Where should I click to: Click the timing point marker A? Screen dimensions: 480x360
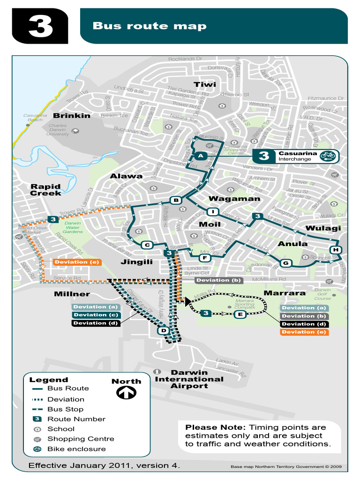click(200, 156)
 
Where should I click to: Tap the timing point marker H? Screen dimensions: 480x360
click(336, 249)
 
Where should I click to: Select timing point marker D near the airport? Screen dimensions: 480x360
click(164, 331)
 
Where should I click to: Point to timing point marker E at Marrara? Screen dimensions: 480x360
click(240, 314)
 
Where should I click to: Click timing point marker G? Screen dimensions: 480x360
click(285, 263)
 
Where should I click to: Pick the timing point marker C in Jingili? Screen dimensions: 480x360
click(147, 245)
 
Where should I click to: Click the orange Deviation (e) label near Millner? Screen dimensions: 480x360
click(76, 262)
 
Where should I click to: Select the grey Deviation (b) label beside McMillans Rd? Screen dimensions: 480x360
click(218, 280)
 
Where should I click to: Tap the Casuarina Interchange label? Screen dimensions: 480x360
click(298, 156)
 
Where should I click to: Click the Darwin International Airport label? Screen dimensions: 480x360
click(189, 379)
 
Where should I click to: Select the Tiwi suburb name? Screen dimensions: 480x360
click(205, 84)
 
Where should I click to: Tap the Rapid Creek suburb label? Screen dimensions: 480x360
click(46, 190)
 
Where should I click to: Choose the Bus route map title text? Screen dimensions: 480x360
click(149, 26)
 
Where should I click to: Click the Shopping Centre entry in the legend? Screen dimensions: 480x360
click(81, 439)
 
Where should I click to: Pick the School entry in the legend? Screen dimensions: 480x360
click(61, 429)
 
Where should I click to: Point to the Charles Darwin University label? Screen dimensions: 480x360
click(58, 130)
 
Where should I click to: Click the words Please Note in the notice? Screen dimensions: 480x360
click(215, 427)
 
